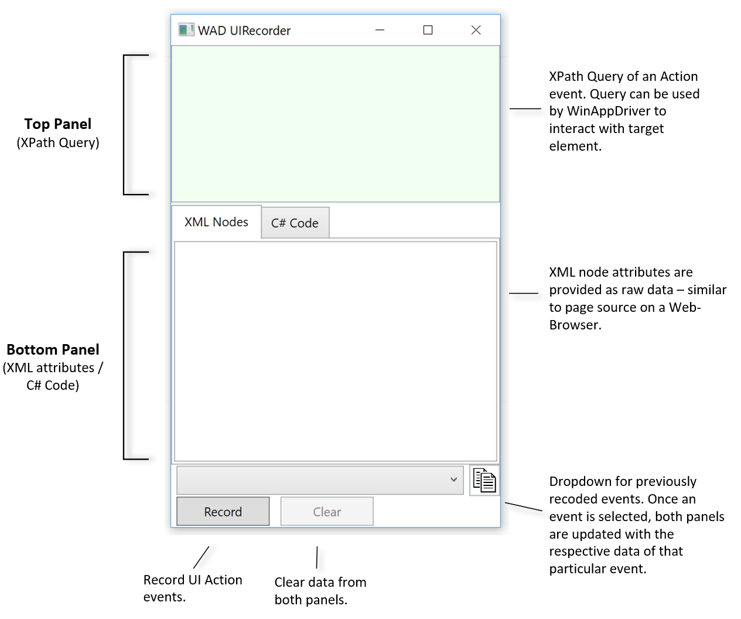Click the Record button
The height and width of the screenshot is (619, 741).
coord(223,512)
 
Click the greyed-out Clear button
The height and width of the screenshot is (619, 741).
coord(327,512)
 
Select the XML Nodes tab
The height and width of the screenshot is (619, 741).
coord(216,222)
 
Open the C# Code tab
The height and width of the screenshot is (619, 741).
coord(295,223)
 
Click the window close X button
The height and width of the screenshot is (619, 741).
coord(476,30)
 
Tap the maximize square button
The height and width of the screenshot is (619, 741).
coord(428,30)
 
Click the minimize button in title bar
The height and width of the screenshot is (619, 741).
coord(380,30)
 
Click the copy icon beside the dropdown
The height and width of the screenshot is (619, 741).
coord(484,480)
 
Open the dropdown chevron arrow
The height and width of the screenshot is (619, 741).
coord(453,479)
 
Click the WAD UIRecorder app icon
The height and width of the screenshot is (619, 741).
coord(186,30)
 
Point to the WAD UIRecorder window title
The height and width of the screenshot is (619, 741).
coord(244,30)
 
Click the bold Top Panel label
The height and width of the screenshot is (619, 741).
coord(57,124)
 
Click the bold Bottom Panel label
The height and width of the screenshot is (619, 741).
coord(53,350)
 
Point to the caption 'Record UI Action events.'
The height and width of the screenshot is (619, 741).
coord(192,588)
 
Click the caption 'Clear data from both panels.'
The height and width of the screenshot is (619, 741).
coord(320,590)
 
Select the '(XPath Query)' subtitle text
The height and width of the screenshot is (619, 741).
coord(57,142)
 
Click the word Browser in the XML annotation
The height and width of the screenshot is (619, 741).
coord(574,325)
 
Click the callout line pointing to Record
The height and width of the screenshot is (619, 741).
coord(201,556)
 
